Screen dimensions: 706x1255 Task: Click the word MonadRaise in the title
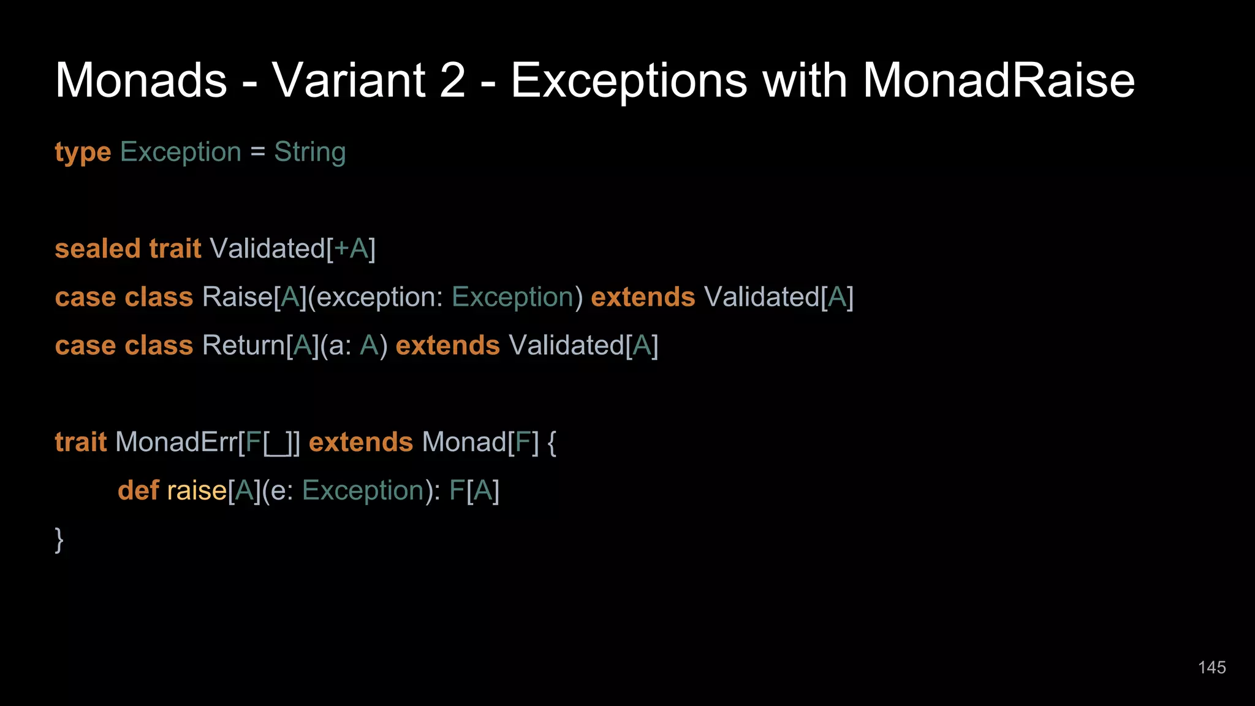(x=998, y=80)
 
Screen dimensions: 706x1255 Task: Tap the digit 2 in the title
(x=452, y=80)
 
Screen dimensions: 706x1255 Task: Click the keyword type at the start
(x=83, y=153)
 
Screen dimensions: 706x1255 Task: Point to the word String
(x=309, y=153)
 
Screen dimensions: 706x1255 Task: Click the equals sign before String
(x=257, y=153)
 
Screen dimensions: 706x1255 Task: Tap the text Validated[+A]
(x=292, y=249)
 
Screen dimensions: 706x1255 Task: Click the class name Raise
(x=237, y=297)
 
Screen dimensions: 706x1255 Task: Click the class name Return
(x=243, y=346)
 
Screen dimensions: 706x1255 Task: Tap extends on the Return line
(x=447, y=346)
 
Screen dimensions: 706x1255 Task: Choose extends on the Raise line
(x=643, y=297)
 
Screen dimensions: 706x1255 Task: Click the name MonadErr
(x=176, y=442)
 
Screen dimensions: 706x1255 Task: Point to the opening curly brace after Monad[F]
(x=552, y=442)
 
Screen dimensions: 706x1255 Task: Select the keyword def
(x=138, y=490)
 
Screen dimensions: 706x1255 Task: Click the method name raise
(x=197, y=490)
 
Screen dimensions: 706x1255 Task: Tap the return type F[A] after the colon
(x=474, y=491)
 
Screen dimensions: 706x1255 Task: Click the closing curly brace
(x=59, y=539)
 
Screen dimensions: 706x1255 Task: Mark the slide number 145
(x=1211, y=667)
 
